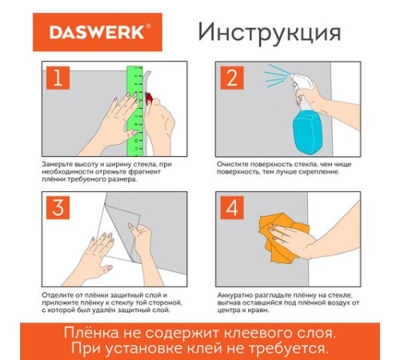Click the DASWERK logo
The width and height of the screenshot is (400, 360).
[x=98, y=32]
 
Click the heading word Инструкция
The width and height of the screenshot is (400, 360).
[x=270, y=33]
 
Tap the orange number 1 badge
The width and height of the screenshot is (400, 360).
[x=58, y=78]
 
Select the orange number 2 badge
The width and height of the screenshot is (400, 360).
[x=232, y=78]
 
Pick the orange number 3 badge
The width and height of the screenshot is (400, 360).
[x=58, y=208]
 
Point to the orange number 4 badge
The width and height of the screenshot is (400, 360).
[x=232, y=208]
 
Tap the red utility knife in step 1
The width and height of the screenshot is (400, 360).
[x=149, y=97]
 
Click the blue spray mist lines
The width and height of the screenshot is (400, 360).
[x=276, y=75]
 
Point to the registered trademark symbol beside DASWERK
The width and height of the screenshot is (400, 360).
[x=149, y=26]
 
